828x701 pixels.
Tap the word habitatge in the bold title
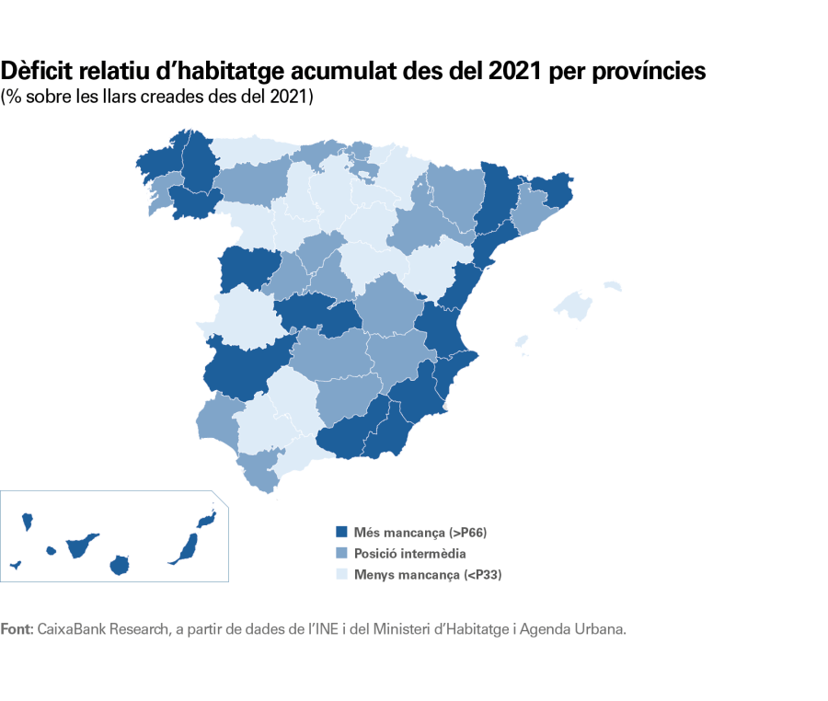click(226, 71)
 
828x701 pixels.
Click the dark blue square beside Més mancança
click(341, 532)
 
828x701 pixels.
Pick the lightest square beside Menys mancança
click(341, 575)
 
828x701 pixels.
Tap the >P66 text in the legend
click(473, 532)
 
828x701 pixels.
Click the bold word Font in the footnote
click(16, 629)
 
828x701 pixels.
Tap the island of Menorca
click(612, 286)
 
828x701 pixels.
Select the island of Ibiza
click(522, 342)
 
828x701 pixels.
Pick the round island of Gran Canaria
click(118, 564)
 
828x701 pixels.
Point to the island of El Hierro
click(16, 564)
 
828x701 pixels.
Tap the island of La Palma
click(28, 522)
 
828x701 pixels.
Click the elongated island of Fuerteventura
click(185, 548)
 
